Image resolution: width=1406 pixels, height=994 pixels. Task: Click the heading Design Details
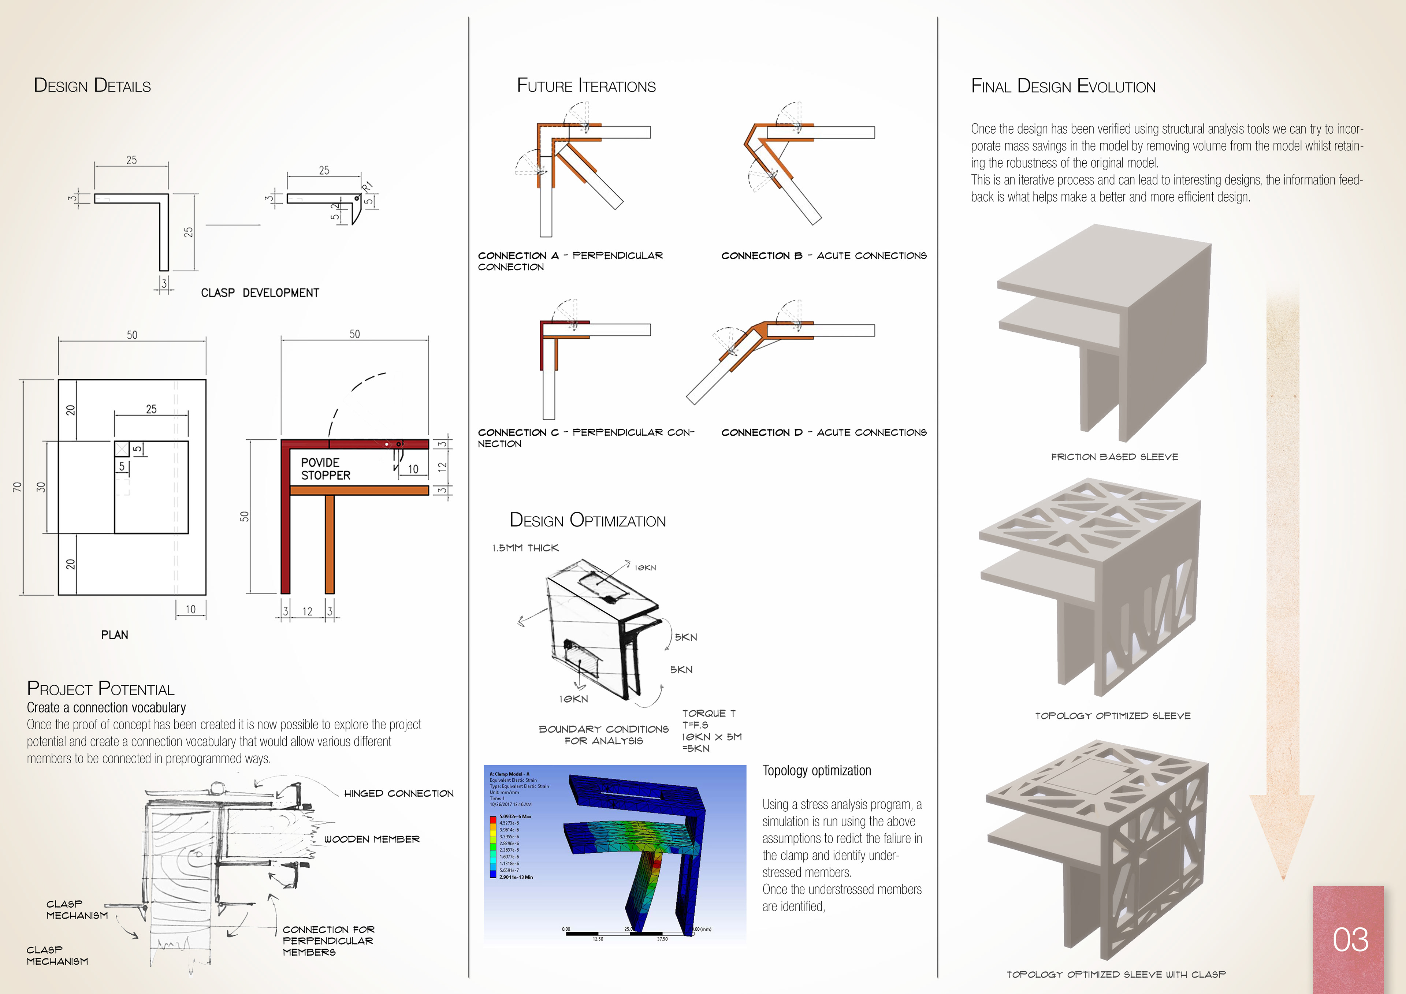[93, 86]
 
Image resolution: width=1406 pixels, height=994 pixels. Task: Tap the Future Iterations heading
[586, 86]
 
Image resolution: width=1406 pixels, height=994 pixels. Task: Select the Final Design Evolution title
[1063, 86]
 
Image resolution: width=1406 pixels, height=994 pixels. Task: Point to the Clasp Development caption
[260, 293]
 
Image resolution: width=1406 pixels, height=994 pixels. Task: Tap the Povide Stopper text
[325, 469]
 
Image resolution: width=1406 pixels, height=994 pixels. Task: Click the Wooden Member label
[372, 839]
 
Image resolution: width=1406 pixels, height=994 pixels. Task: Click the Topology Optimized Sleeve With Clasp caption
[1116, 974]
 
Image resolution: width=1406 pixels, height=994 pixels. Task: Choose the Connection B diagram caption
[823, 256]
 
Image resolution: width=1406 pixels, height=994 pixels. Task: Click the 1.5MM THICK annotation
[525, 548]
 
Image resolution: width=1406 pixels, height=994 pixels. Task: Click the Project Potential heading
[100, 689]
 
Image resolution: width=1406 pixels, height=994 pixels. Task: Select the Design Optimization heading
[587, 521]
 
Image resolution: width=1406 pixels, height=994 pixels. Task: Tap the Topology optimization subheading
[816, 770]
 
